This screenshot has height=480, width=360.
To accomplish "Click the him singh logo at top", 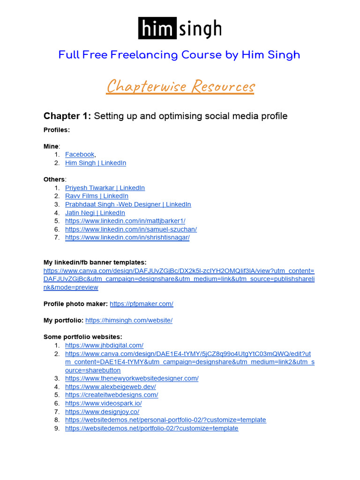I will point(180,28).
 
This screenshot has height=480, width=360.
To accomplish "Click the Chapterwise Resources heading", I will point(180,86).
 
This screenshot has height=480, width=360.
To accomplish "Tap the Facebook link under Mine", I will point(80,155).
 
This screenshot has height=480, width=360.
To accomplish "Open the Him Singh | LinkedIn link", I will point(96,163).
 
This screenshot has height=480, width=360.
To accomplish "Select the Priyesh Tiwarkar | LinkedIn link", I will point(105,188).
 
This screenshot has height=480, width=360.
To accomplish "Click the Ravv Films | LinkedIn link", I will point(97,196).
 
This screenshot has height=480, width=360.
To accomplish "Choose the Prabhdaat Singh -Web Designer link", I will point(128,204).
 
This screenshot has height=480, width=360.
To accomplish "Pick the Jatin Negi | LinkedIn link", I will point(95,213).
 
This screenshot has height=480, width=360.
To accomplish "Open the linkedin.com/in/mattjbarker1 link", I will point(125,221).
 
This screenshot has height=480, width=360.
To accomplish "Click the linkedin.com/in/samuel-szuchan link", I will point(131,229).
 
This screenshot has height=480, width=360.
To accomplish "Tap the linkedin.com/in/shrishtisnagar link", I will point(127,238).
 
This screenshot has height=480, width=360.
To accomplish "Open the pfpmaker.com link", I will point(142,304).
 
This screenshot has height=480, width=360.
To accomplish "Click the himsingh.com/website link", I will point(129,321).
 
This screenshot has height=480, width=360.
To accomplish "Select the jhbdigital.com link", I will point(104,345).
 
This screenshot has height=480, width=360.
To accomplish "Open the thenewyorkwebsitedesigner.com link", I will point(132,378).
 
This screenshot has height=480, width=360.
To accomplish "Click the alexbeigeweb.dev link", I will point(111,387).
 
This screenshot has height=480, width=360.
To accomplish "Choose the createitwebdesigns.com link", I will point(112,395).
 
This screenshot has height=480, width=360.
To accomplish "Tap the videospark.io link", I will point(104,403).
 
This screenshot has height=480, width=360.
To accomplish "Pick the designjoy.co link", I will point(102,412).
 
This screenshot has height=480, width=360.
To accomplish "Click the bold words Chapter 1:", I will point(67,116).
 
